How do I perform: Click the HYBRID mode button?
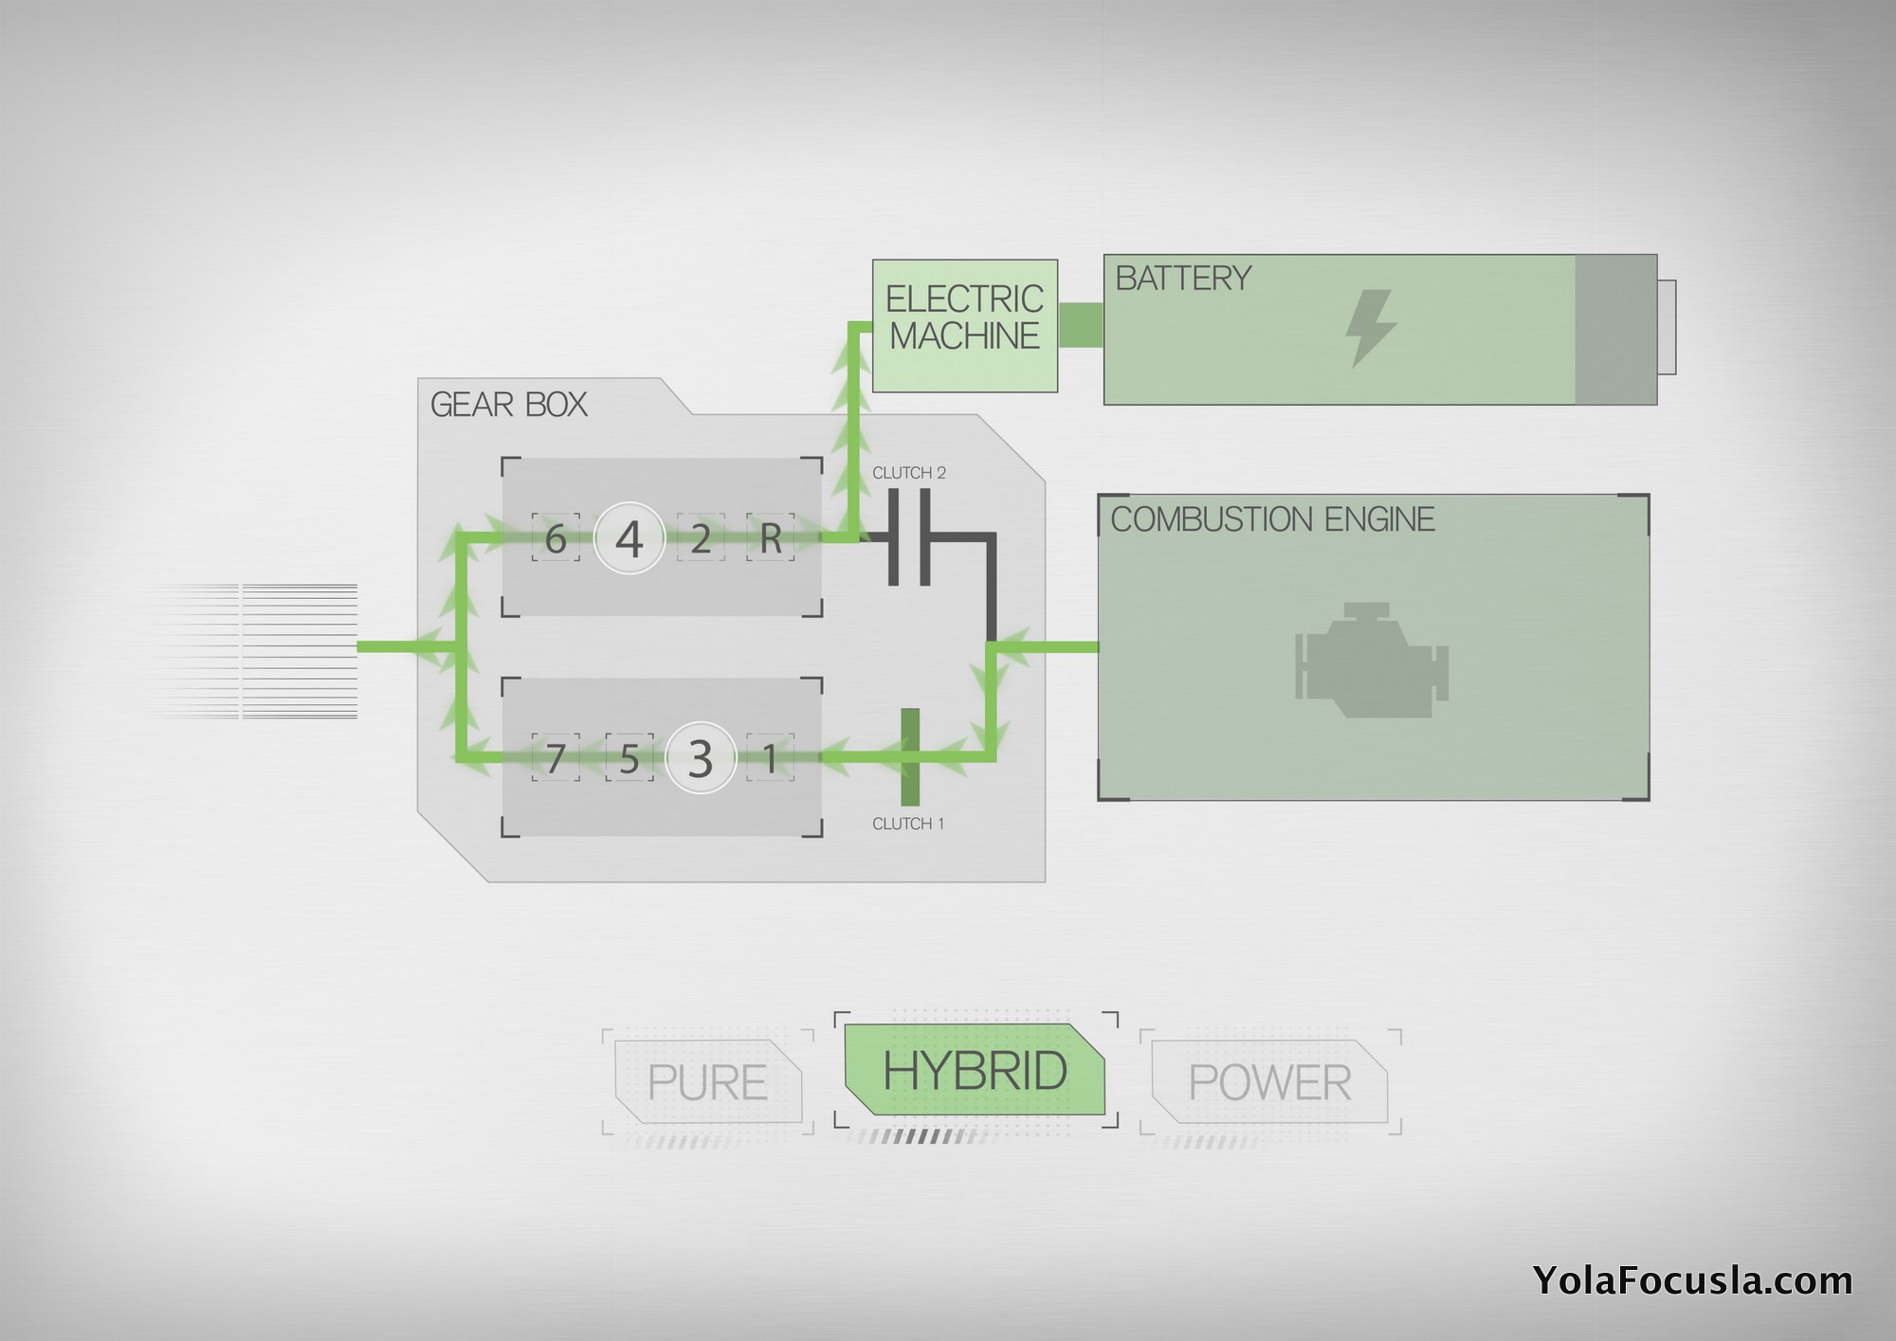(975, 1070)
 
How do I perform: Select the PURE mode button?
(707, 1082)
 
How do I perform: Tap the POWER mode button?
(1269, 1082)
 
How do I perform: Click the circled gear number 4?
(629, 538)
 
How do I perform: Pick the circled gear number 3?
(700, 758)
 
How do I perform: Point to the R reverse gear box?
(771, 538)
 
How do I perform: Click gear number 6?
(556, 538)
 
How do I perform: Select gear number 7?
(556, 758)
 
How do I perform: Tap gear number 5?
(629, 758)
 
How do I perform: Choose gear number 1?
(771, 758)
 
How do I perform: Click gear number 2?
(701, 538)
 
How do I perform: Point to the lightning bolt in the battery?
(1371, 328)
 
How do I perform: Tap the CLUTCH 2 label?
(908, 473)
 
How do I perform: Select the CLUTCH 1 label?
(908, 825)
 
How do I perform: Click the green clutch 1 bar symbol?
(910, 757)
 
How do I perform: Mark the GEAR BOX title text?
(509, 405)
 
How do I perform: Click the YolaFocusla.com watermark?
(1691, 1281)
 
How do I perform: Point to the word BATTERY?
(1183, 279)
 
